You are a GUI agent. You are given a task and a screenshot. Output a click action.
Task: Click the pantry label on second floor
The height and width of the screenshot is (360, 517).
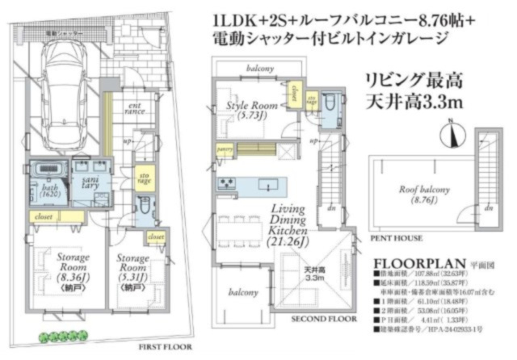(x=225, y=149)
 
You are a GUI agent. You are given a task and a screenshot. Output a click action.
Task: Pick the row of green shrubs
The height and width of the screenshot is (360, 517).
(x=61, y=334)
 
